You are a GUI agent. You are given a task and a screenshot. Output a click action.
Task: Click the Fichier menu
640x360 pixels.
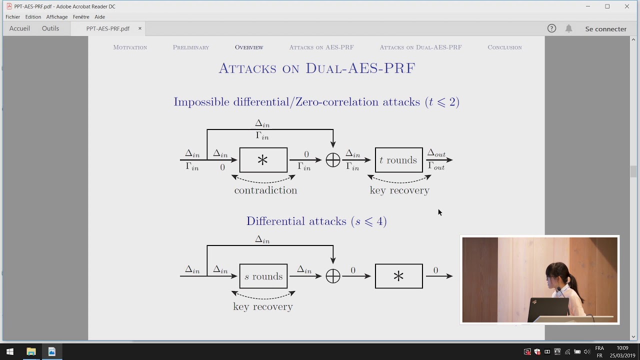click(x=12, y=17)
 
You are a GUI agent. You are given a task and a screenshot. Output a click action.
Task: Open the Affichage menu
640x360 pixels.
click(x=56, y=17)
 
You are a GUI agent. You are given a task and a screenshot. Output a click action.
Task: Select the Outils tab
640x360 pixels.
click(x=50, y=28)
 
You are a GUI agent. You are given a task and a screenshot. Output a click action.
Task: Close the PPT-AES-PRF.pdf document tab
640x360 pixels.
click(x=140, y=28)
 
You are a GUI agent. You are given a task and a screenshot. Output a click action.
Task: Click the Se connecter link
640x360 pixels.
click(x=605, y=29)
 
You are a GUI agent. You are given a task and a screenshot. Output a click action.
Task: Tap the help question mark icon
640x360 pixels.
click(x=551, y=28)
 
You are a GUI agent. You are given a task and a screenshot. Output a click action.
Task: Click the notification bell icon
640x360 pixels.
click(x=568, y=28)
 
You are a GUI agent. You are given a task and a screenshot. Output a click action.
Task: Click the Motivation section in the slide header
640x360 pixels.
click(x=130, y=47)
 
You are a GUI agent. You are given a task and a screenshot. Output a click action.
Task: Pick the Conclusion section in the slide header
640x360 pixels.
click(x=504, y=47)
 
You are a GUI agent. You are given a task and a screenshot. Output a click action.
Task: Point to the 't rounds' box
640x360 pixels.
click(x=398, y=160)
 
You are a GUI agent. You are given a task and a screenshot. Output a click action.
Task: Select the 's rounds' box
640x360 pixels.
click(x=263, y=276)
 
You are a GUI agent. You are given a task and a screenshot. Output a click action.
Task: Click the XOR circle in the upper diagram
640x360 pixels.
click(x=333, y=160)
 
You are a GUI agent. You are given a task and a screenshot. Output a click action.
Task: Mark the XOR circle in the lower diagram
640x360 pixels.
click(x=333, y=276)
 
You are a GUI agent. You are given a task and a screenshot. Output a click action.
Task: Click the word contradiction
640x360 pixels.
click(x=265, y=190)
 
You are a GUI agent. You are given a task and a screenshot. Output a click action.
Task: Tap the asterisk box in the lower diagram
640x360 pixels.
click(x=398, y=276)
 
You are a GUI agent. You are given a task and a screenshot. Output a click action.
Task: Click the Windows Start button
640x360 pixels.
click(x=10, y=351)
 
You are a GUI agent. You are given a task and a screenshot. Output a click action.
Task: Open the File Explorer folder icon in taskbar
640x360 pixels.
click(x=31, y=351)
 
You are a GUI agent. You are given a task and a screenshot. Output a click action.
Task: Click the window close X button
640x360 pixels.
click(x=626, y=6)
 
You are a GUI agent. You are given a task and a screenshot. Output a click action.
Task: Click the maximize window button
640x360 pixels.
click(x=607, y=6)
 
